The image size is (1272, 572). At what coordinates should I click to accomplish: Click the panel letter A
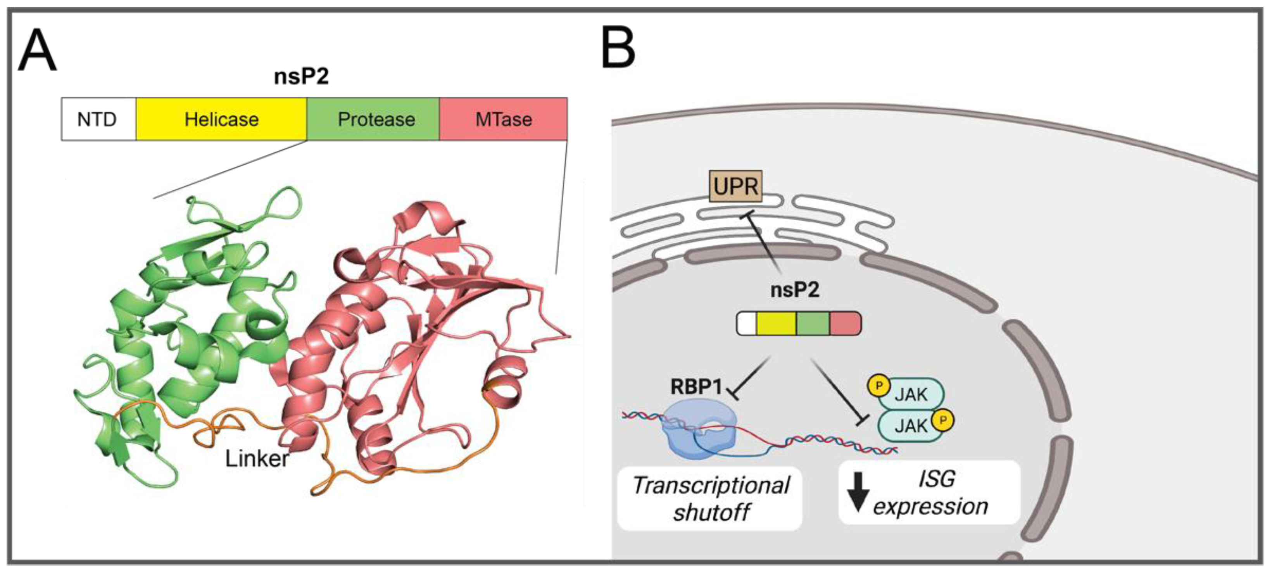(37, 51)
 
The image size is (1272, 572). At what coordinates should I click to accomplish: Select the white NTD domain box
(98, 119)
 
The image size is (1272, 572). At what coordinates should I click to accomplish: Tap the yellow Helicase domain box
(221, 119)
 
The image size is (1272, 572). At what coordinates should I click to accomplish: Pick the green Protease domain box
(374, 119)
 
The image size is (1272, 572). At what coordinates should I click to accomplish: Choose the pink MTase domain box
(503, 119)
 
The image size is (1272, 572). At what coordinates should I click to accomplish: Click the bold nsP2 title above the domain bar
(301, 76)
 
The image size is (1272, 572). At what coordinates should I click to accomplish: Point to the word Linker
(257, 459)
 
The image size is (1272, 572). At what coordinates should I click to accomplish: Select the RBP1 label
(696, 386)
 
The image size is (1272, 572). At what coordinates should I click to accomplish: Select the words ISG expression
(931, 493)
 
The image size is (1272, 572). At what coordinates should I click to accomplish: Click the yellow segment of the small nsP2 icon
(776, 324)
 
